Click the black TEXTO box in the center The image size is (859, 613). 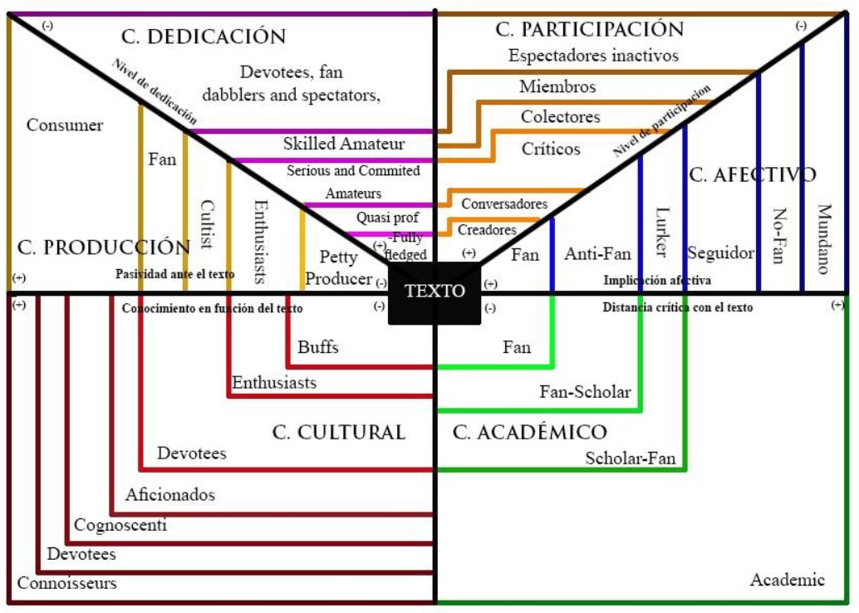(x=434, y=292)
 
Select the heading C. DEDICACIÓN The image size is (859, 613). (x=204, y=37)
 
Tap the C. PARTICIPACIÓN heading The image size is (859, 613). (x=589, y=29)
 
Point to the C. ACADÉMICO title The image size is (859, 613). (x=530, y=432)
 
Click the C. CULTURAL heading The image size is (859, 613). (x=338, y=432)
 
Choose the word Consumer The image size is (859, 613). (x=65, y=125)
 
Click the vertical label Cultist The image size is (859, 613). (x=208, y=223)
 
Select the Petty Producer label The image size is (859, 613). (x=338, y=268)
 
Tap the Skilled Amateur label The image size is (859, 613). (x=344, y=144)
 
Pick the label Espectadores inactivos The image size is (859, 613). (x=593, y=56)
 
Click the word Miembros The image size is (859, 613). (x=557, y=86)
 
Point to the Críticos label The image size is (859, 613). (x=551, y=150)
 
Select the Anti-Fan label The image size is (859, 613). (x=598, y=254)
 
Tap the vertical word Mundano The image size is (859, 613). (x=823, y=238)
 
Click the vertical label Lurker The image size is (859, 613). (x=662, y=232)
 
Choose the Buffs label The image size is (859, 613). (x=318, y=347)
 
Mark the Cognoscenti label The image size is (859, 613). (x=120, y=525)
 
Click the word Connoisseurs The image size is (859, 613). (x=67, y=583)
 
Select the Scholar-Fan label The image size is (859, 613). (x=631, y=459)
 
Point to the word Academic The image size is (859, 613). (x=788, y=580)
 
